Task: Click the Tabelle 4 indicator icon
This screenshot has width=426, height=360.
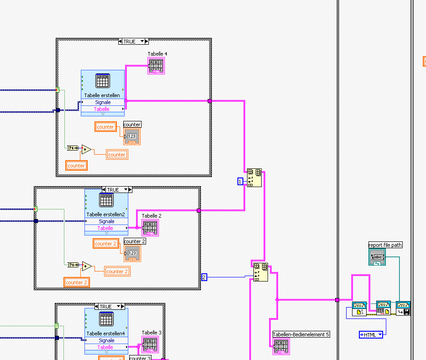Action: (x=156, y=66)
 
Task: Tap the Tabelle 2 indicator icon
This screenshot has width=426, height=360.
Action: (x=150, y=228)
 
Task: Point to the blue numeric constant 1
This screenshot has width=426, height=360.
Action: (x=241, y=182)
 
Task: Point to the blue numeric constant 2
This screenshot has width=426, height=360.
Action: (x=204, y=277)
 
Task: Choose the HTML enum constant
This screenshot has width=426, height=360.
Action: (x=371, y=335)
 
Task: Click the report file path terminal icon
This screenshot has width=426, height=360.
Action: (x=377, y=257)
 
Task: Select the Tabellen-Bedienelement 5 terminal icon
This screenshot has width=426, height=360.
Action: (x=281, y=346)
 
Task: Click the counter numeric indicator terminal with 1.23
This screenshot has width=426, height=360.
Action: (x=131, y=136)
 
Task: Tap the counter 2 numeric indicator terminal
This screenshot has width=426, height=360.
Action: (x=132, y=253)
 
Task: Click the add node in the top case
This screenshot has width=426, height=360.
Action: (x=86, y=149)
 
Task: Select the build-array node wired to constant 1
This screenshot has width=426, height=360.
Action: (x=254, y=178)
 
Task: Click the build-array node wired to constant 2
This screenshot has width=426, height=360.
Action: (x=260, y=272)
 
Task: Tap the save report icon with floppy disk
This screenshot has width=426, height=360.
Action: (x=403, y=308)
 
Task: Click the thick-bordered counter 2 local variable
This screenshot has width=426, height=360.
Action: (x=77, y=282)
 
